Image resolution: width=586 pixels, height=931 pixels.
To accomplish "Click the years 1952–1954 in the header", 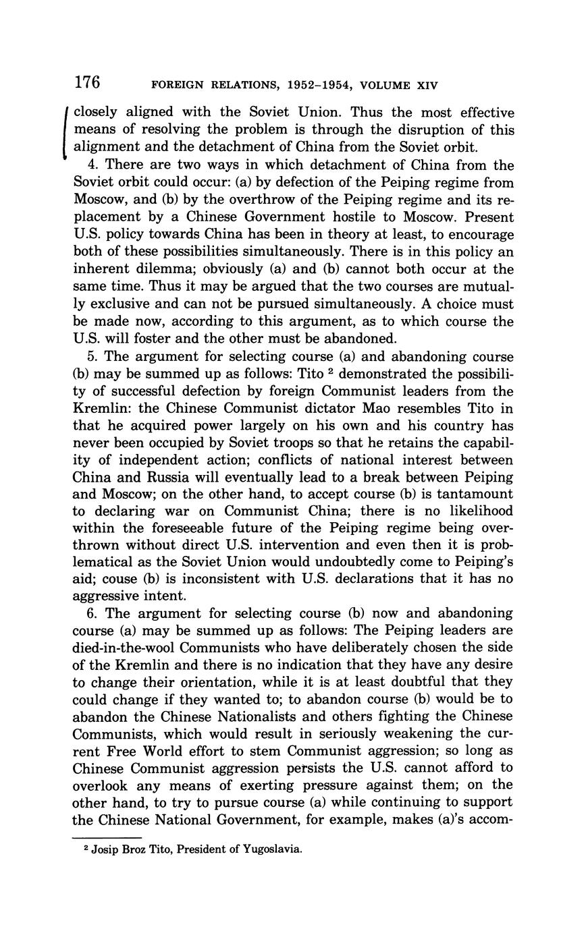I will click(303, 86).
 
